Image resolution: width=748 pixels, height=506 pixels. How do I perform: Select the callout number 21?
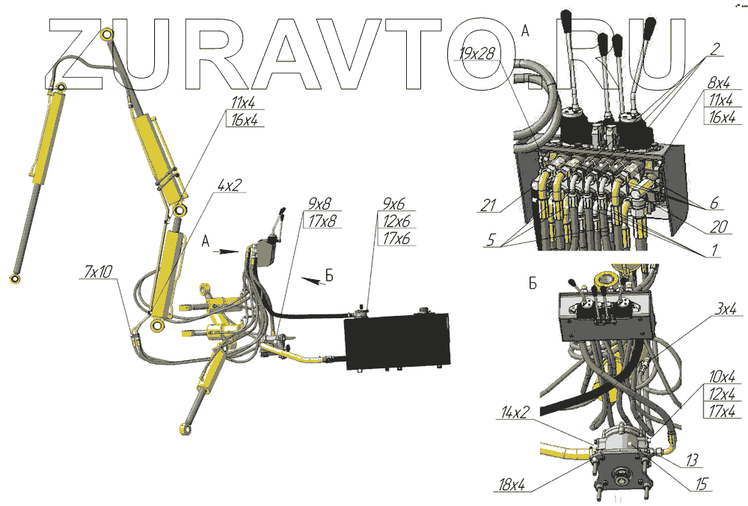(x=489, y=204)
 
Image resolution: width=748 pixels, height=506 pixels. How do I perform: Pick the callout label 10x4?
(x=720, y=376)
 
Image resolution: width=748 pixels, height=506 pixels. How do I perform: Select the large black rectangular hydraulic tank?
(x=396, y=341)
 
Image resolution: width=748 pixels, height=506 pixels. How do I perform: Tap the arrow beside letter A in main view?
(x=228, y=252)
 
